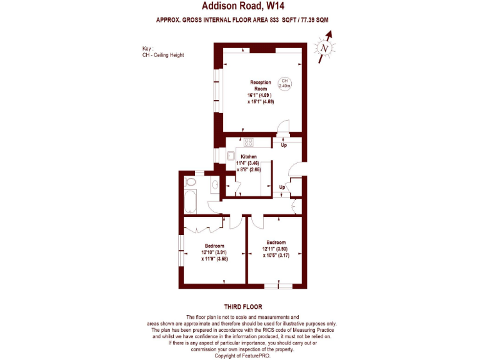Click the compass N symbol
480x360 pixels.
[324, 49]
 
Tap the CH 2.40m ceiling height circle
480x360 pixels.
[284, 83]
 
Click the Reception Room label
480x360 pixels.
[261, 86]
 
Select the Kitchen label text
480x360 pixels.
[249, 156]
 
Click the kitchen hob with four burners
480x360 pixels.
[247, 142]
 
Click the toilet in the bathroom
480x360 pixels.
[191, 182]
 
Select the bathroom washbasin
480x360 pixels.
[215, 184]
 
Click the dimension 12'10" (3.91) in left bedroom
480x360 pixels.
[214, 252]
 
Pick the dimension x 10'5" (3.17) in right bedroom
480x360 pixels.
[276, 255]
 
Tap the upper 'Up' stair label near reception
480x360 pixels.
[284, 146]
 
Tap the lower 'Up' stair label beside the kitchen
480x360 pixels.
[282, 187]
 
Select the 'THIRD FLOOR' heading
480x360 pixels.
[242, 307]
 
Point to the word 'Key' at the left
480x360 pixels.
[147, 49]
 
